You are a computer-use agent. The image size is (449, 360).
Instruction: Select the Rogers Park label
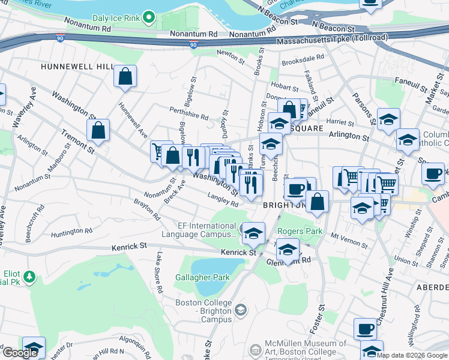(300, 231)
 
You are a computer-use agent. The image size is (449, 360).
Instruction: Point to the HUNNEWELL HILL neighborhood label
(77, 67)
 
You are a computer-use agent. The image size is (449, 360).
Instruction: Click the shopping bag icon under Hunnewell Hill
(125, 77)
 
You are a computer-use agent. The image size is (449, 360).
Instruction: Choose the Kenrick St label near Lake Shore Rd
(129, 246)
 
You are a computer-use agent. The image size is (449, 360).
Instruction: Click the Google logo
(20, 353)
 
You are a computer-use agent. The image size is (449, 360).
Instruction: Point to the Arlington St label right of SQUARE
(349, 137)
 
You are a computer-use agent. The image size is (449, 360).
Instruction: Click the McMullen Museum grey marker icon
(256, 347)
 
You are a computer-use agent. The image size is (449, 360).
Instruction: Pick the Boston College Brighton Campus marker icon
(241, 310)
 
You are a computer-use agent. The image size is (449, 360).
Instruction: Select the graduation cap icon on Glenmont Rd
(288, 250)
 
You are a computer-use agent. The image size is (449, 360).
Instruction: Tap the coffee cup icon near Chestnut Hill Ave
(365, 328)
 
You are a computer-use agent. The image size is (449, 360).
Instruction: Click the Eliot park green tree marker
(28, 277)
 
